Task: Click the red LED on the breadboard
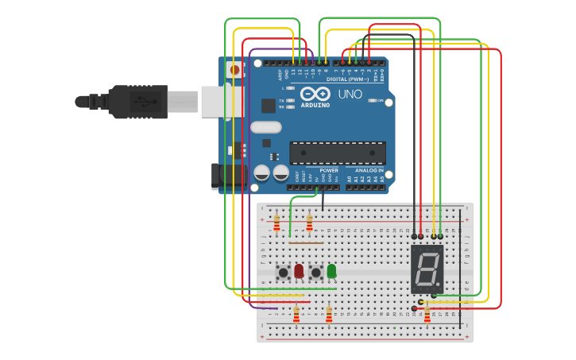[x=299, y=271]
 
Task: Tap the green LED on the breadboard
[x=331, y=271]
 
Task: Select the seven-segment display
[x=427, y=269]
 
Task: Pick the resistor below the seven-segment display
[x=427, y=315]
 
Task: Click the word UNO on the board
[x=350, y=94]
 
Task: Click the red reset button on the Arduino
[x=234, y=70]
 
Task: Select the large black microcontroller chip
[x=338, y=153]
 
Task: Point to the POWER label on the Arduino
[x=329, y=170]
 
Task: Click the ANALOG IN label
[x=369, y=170]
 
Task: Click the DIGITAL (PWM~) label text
[x=346, y=79]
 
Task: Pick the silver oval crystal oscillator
[x=266, y=127]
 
